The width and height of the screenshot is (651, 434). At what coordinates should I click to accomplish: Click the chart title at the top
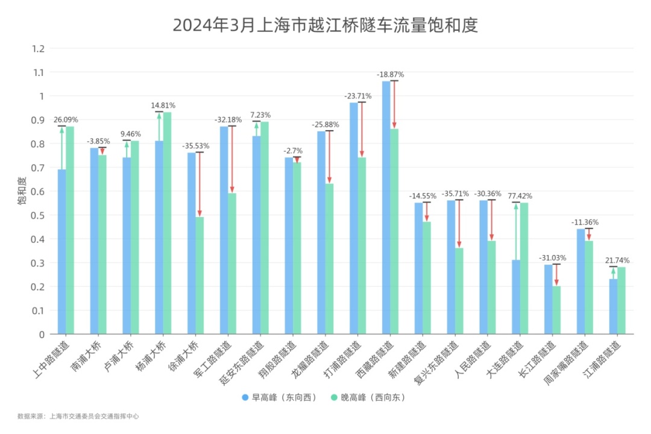point(325,25)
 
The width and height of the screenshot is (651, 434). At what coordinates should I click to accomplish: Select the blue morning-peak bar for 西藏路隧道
point(386,208)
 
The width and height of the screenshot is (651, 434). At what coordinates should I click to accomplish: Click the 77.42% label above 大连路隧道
point(520,196)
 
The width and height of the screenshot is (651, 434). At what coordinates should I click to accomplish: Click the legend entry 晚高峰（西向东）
point(369,398)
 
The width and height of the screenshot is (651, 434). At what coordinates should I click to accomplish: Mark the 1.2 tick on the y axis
point(38,48)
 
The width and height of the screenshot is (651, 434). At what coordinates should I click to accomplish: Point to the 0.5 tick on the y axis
point(38,215)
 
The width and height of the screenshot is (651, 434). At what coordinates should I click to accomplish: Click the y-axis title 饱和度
point(22,191)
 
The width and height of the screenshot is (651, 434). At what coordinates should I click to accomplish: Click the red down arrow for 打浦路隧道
point(362,130)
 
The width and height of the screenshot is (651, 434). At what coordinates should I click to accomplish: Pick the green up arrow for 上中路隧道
point(61,148)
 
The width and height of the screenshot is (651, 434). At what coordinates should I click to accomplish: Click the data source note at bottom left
point(78,416)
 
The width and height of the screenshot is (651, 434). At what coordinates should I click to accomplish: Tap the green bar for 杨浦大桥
point(167,223)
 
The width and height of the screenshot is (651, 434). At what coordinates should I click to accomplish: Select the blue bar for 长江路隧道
point(548,299)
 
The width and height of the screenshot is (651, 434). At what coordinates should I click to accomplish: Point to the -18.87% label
point(390,74)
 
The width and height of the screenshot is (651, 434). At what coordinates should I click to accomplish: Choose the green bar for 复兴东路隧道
point(459,291)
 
